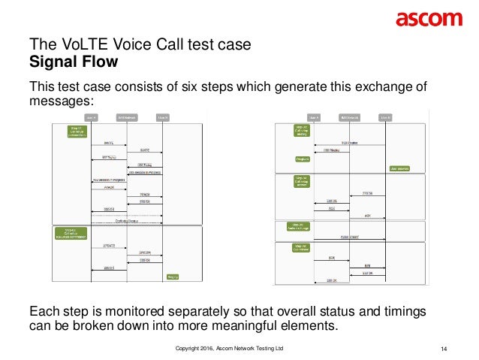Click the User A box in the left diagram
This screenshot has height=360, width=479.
(91, 118)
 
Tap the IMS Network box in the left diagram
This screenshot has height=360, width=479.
(125, 118)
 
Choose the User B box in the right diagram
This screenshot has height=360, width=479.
(386, 118)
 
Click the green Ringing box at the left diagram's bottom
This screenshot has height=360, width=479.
(173, 277)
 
